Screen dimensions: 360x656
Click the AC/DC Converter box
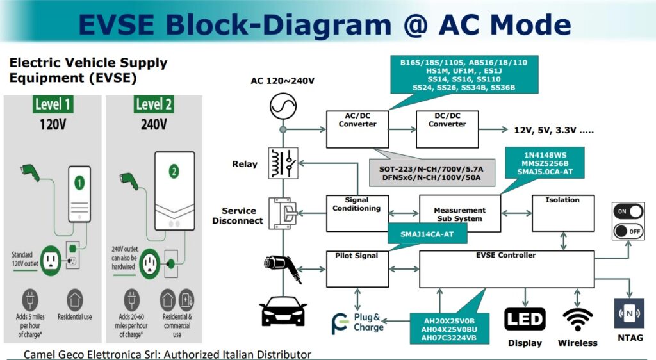click(357, 128)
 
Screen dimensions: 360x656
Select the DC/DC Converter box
click(447, 128)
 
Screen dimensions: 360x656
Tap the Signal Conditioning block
click(357, 213)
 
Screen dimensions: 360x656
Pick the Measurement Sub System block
click(459, 213)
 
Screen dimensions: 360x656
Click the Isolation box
click(562, 213)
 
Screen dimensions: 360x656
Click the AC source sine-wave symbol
click(282, 104)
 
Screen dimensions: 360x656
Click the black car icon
click(283, 311)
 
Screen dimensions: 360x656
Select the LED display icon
click(525, 319)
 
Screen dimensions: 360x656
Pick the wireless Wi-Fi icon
click(577, 319)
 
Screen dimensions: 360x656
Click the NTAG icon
click(628, 314)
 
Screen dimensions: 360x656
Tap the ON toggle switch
click(628, 211)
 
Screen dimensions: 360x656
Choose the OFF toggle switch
click(628, 231)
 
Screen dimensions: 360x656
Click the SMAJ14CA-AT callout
click(427, 234)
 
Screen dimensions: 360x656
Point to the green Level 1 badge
click(53, 104)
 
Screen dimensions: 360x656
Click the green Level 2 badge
click(153, 104)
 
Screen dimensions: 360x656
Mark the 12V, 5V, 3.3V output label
click(553, 130)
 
